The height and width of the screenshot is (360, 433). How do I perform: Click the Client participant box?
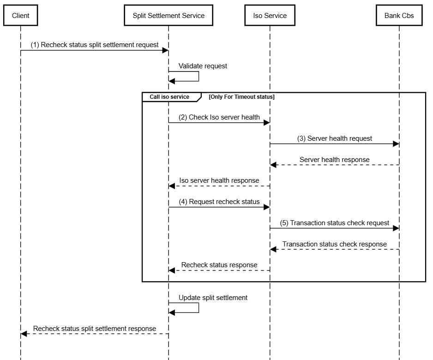pos(20,16)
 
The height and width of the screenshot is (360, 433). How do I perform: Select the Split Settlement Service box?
pos(168,16)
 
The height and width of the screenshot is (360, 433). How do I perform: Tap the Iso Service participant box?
pos(270,16)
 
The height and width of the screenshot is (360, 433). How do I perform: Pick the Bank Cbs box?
pos(399,16)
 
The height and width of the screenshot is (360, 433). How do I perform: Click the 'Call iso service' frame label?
pos(169,97)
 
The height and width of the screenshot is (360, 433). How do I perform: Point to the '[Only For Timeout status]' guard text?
pos(241,97)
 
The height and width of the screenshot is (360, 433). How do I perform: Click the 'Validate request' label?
pos(203,66)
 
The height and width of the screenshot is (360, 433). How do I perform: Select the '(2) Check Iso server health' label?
pos(219,117)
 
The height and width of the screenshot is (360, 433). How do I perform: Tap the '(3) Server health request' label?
pos(334,138)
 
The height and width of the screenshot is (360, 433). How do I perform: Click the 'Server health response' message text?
pos(334,159)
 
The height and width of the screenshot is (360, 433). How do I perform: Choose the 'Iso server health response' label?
pos(219,180)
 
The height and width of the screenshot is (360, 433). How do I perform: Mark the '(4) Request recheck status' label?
pos(219,202)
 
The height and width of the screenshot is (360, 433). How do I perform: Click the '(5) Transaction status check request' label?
pos(334,223)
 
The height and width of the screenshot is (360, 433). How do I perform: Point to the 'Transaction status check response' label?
pos(334,244)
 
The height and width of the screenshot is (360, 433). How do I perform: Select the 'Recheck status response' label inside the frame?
pos(219,265)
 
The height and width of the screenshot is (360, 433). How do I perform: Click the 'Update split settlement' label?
pos(213,298)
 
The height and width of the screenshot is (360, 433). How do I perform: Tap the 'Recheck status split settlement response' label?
pos(95,329)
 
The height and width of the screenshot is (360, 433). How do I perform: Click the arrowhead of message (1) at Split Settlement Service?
pos(165,50)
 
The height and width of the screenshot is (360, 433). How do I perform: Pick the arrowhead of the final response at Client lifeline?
pos(24,334)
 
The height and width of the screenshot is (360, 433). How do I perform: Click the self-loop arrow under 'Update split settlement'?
pos(198,308)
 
